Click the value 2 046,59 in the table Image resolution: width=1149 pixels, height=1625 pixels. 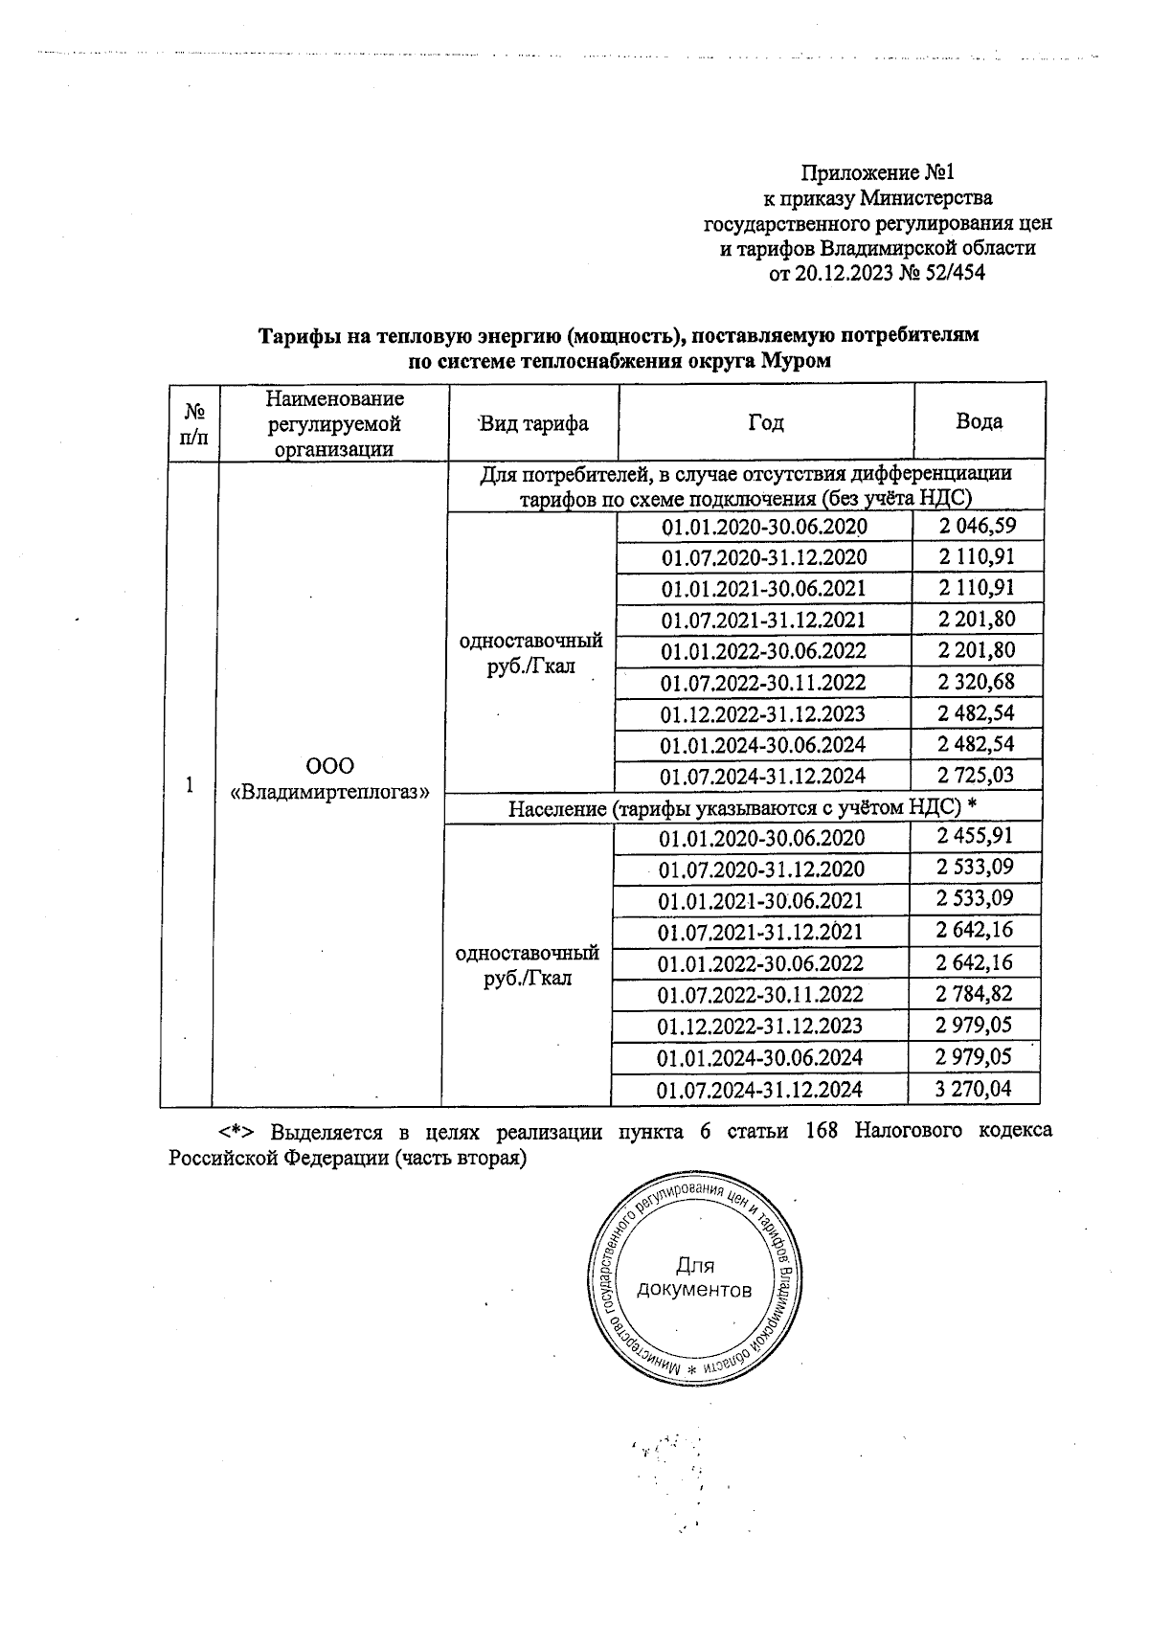tap(976, 526)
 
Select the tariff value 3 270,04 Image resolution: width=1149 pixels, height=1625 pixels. tap(974, 1088)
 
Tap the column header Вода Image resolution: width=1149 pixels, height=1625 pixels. tap(980, 421)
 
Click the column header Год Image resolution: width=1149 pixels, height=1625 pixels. tap(766, 422)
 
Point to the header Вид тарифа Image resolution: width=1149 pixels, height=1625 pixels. tap(533, 423)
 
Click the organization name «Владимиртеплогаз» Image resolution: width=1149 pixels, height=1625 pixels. tap(329, 792)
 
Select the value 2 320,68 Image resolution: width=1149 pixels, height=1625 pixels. tap(976, 682)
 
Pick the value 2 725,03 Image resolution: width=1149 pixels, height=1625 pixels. tap(976, 775)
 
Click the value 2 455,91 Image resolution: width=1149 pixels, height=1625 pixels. tap(974, 837)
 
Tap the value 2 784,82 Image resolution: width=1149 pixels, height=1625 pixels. tap(974, 994)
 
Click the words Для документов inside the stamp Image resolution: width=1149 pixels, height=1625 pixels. tap(694, 1277)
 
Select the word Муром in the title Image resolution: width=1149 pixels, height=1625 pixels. tap(797, 362)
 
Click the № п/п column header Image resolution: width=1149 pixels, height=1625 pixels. tap(194, 422)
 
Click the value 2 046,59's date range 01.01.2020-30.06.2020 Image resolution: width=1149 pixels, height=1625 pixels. tap(764, 527)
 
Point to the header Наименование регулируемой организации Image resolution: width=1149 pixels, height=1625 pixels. tap(334, 422)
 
